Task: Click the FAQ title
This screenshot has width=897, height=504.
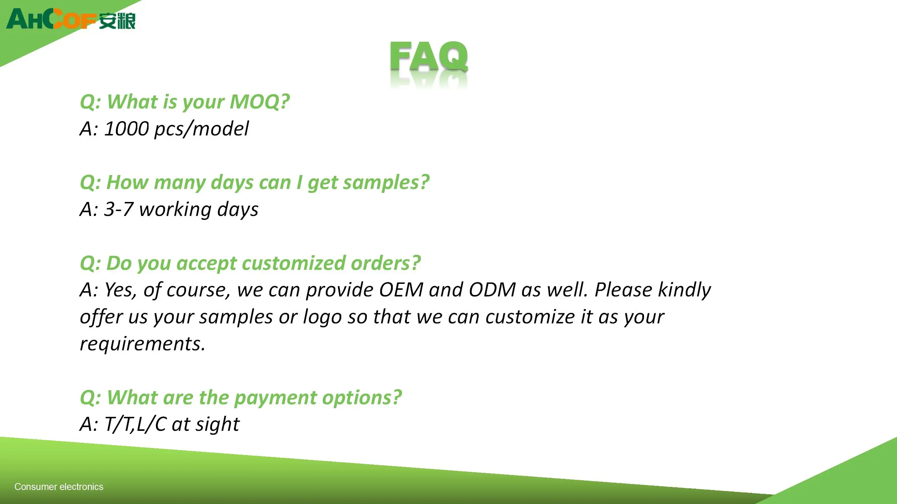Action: (x=429, y=57)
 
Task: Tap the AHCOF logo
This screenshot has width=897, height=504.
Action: (x=71, y=19)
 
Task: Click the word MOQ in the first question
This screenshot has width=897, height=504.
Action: (x=260, y=102)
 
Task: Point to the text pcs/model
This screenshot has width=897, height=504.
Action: (x=201, y=129)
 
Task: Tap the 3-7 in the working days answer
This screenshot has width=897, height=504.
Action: (x=119, y=209)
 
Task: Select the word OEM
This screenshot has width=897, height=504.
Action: (x=401, y=290)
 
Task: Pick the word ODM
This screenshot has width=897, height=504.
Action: (x=492, y=290)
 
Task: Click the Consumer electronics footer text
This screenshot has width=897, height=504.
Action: (x=59, y=487)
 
